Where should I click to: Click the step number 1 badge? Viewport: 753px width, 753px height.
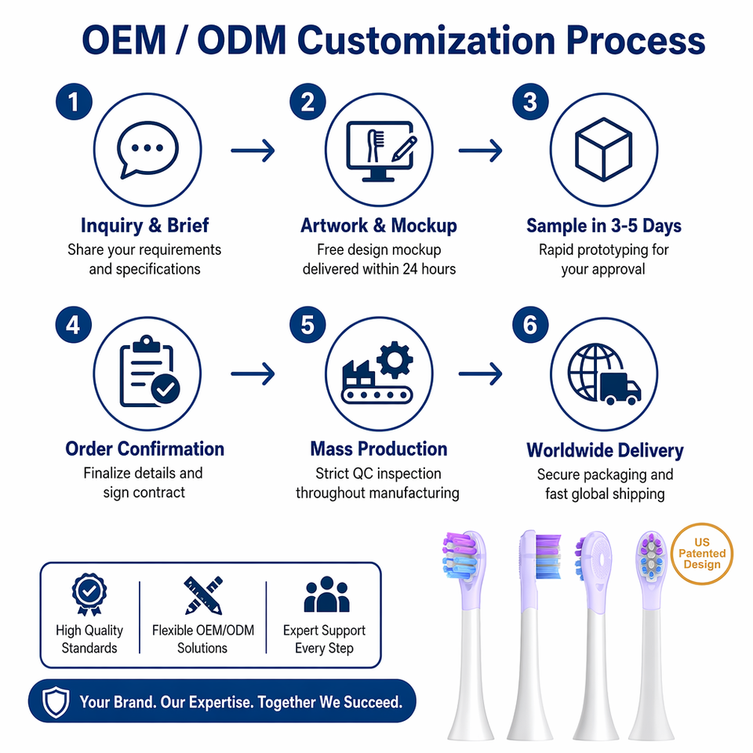pyautogui.click(x=74, y=102)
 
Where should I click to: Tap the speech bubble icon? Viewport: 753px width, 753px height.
pyautogui.click(x=147, y=150)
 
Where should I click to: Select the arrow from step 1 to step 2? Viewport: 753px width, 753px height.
pyautogui.click(x=253, y=151)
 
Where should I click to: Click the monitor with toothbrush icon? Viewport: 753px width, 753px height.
pyautogui.click(x=381, y=151)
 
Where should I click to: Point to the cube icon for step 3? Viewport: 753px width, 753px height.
pyautogui.click(x=604, y=149)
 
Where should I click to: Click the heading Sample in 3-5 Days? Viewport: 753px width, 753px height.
pyautogui.click(x=604, y=226)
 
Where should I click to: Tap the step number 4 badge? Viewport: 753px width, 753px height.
pyautogui.click(x=74, y=325)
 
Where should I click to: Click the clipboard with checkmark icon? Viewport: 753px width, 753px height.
pyautogui.click(x=149, y=371)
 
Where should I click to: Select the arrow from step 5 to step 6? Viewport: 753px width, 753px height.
pyautogui.click(x=480, y=373)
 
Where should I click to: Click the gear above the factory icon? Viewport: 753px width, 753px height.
pyautogui.click(x=395, y=359)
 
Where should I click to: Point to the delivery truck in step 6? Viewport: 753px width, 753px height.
pyautogui.click(x=620, y=388)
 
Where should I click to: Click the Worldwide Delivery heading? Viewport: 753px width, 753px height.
pyautogui.click(x=605, y=450)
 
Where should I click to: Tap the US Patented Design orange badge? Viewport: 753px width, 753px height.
pyautogui.click(x=701, y=554)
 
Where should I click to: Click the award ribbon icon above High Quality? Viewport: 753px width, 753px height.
pyautogui.click(x=89, y=595)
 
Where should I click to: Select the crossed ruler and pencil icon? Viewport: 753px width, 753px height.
pyautogui.click(x=203, y=595)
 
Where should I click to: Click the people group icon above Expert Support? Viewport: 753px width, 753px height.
pyautogui.click(x=326, y=595)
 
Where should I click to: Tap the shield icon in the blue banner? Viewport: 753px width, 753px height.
pyautogui.click(x=56, y=701)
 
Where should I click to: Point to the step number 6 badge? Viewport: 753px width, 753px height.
pyautogui.click(x=530, y=325)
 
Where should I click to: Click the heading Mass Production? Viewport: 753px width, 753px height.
pyautogui.click(x=378, y=449)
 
